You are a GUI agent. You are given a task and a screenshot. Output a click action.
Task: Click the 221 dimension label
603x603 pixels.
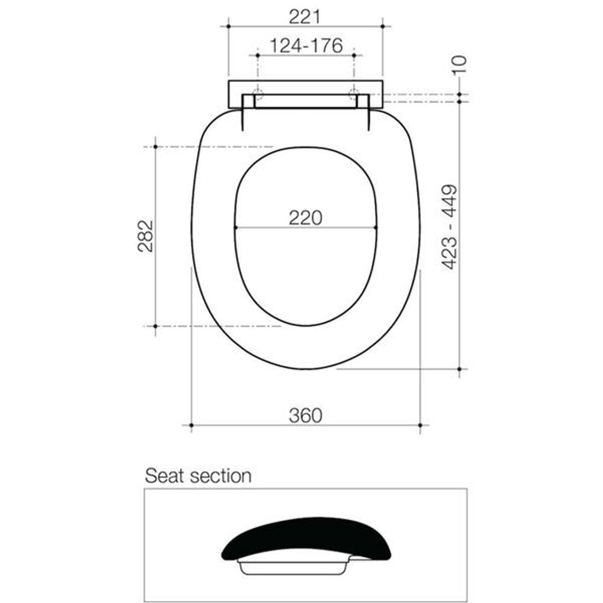tap(305, 17)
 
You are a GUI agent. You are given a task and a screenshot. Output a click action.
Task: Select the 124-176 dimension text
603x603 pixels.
tap(306, 46)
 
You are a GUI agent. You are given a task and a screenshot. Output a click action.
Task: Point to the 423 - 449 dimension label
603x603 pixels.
tap(451, 227)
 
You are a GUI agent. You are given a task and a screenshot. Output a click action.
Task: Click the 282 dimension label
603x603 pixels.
tap(146, 236)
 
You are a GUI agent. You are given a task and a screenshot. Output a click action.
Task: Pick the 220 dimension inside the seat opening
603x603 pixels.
tap(305, 217)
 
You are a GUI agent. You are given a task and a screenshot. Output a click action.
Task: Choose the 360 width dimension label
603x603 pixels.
tap(305, 415)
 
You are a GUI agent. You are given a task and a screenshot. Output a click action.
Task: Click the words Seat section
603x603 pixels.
tap(198, 476)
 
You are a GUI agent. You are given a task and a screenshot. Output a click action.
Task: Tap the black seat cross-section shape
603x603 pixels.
tap(306, 536)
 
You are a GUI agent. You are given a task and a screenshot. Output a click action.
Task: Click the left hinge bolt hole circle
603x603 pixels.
tap(257, 94)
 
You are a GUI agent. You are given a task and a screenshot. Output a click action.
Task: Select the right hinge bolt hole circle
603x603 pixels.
tap(353, 94)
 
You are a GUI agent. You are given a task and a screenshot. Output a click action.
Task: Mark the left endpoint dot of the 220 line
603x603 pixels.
tap(236, 227)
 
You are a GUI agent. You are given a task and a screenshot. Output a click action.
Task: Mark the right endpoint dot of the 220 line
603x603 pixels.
tap(375, 227)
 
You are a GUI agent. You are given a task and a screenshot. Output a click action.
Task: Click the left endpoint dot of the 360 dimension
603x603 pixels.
tap(191, 425)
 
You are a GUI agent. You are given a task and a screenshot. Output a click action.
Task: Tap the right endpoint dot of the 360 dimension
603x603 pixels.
tap(420, 425)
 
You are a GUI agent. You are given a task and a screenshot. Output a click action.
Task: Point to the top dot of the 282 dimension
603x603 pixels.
tap(155, 146)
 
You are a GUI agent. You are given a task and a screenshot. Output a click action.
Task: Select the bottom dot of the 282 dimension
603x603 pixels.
tap(155, 326)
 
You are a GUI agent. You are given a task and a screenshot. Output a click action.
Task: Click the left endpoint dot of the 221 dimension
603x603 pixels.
tap(228, 26)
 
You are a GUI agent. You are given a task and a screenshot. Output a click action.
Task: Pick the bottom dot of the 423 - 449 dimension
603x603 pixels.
tap(459, 369)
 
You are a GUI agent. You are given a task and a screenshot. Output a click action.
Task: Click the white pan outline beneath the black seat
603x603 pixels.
tap(293, 567)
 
